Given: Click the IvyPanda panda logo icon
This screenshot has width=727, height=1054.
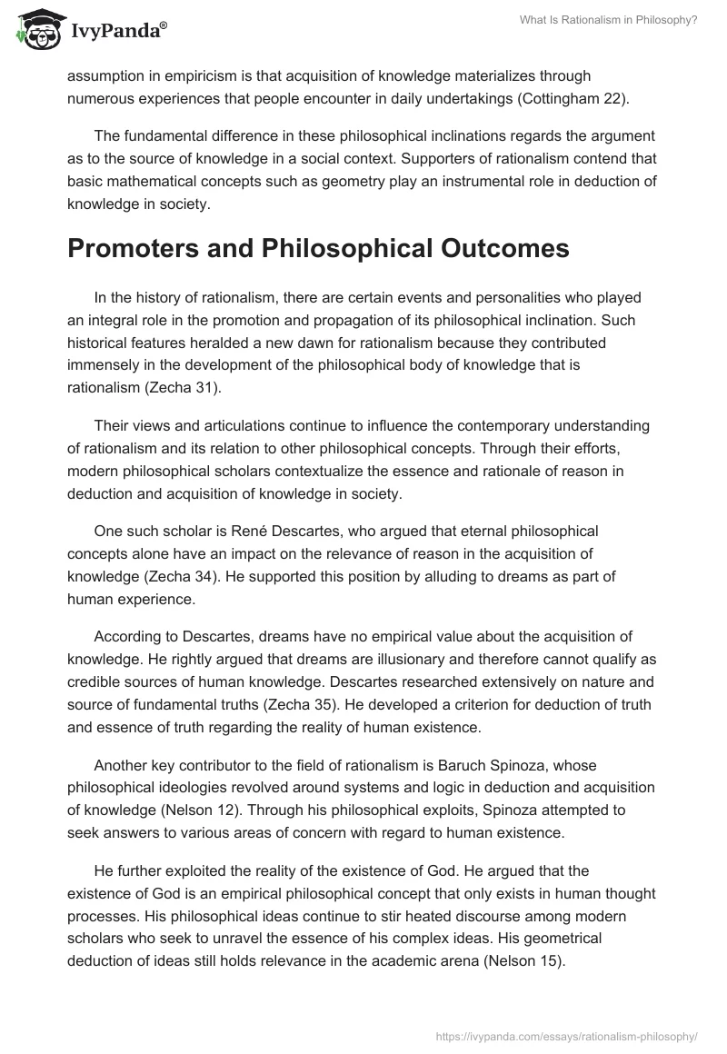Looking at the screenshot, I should click(x=35, y=30).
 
